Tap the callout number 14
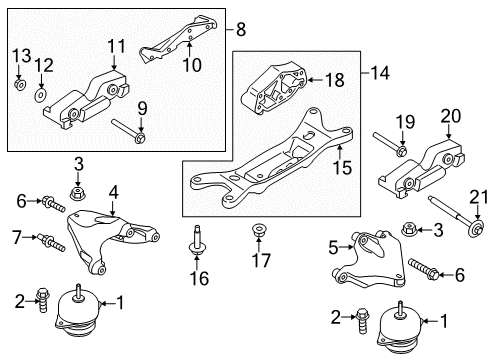click(375, 72)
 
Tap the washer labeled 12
click(41, 95)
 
